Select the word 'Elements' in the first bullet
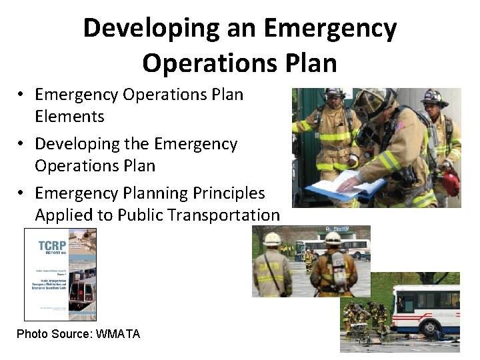click(x=69, y=116)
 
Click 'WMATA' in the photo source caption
click(x=118, y=334)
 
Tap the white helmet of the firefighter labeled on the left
click(x=272, y=239)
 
